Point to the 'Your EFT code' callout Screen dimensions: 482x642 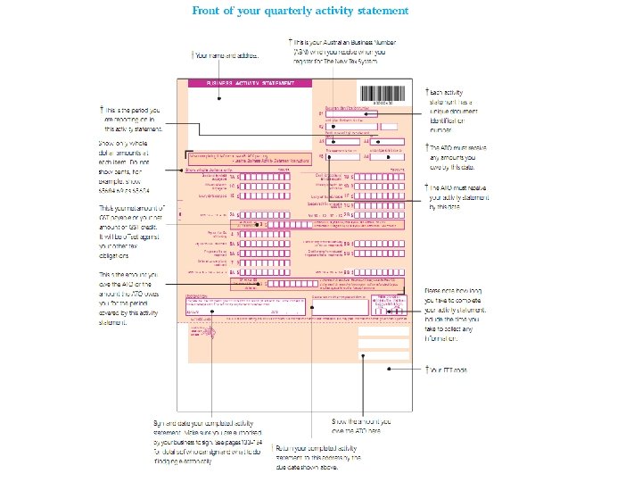[x=451, y=370]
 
